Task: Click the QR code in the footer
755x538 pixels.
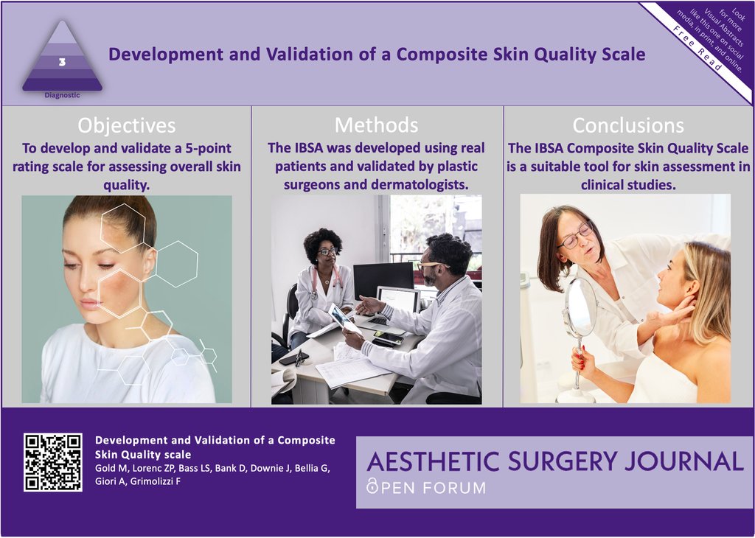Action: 52,462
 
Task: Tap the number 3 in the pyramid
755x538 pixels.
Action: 62,63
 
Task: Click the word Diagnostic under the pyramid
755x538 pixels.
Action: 62,95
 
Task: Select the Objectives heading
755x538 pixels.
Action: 127,125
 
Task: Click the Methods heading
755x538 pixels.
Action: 376,125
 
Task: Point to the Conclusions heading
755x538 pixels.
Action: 628,125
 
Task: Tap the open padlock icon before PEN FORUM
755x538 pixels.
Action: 372,487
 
